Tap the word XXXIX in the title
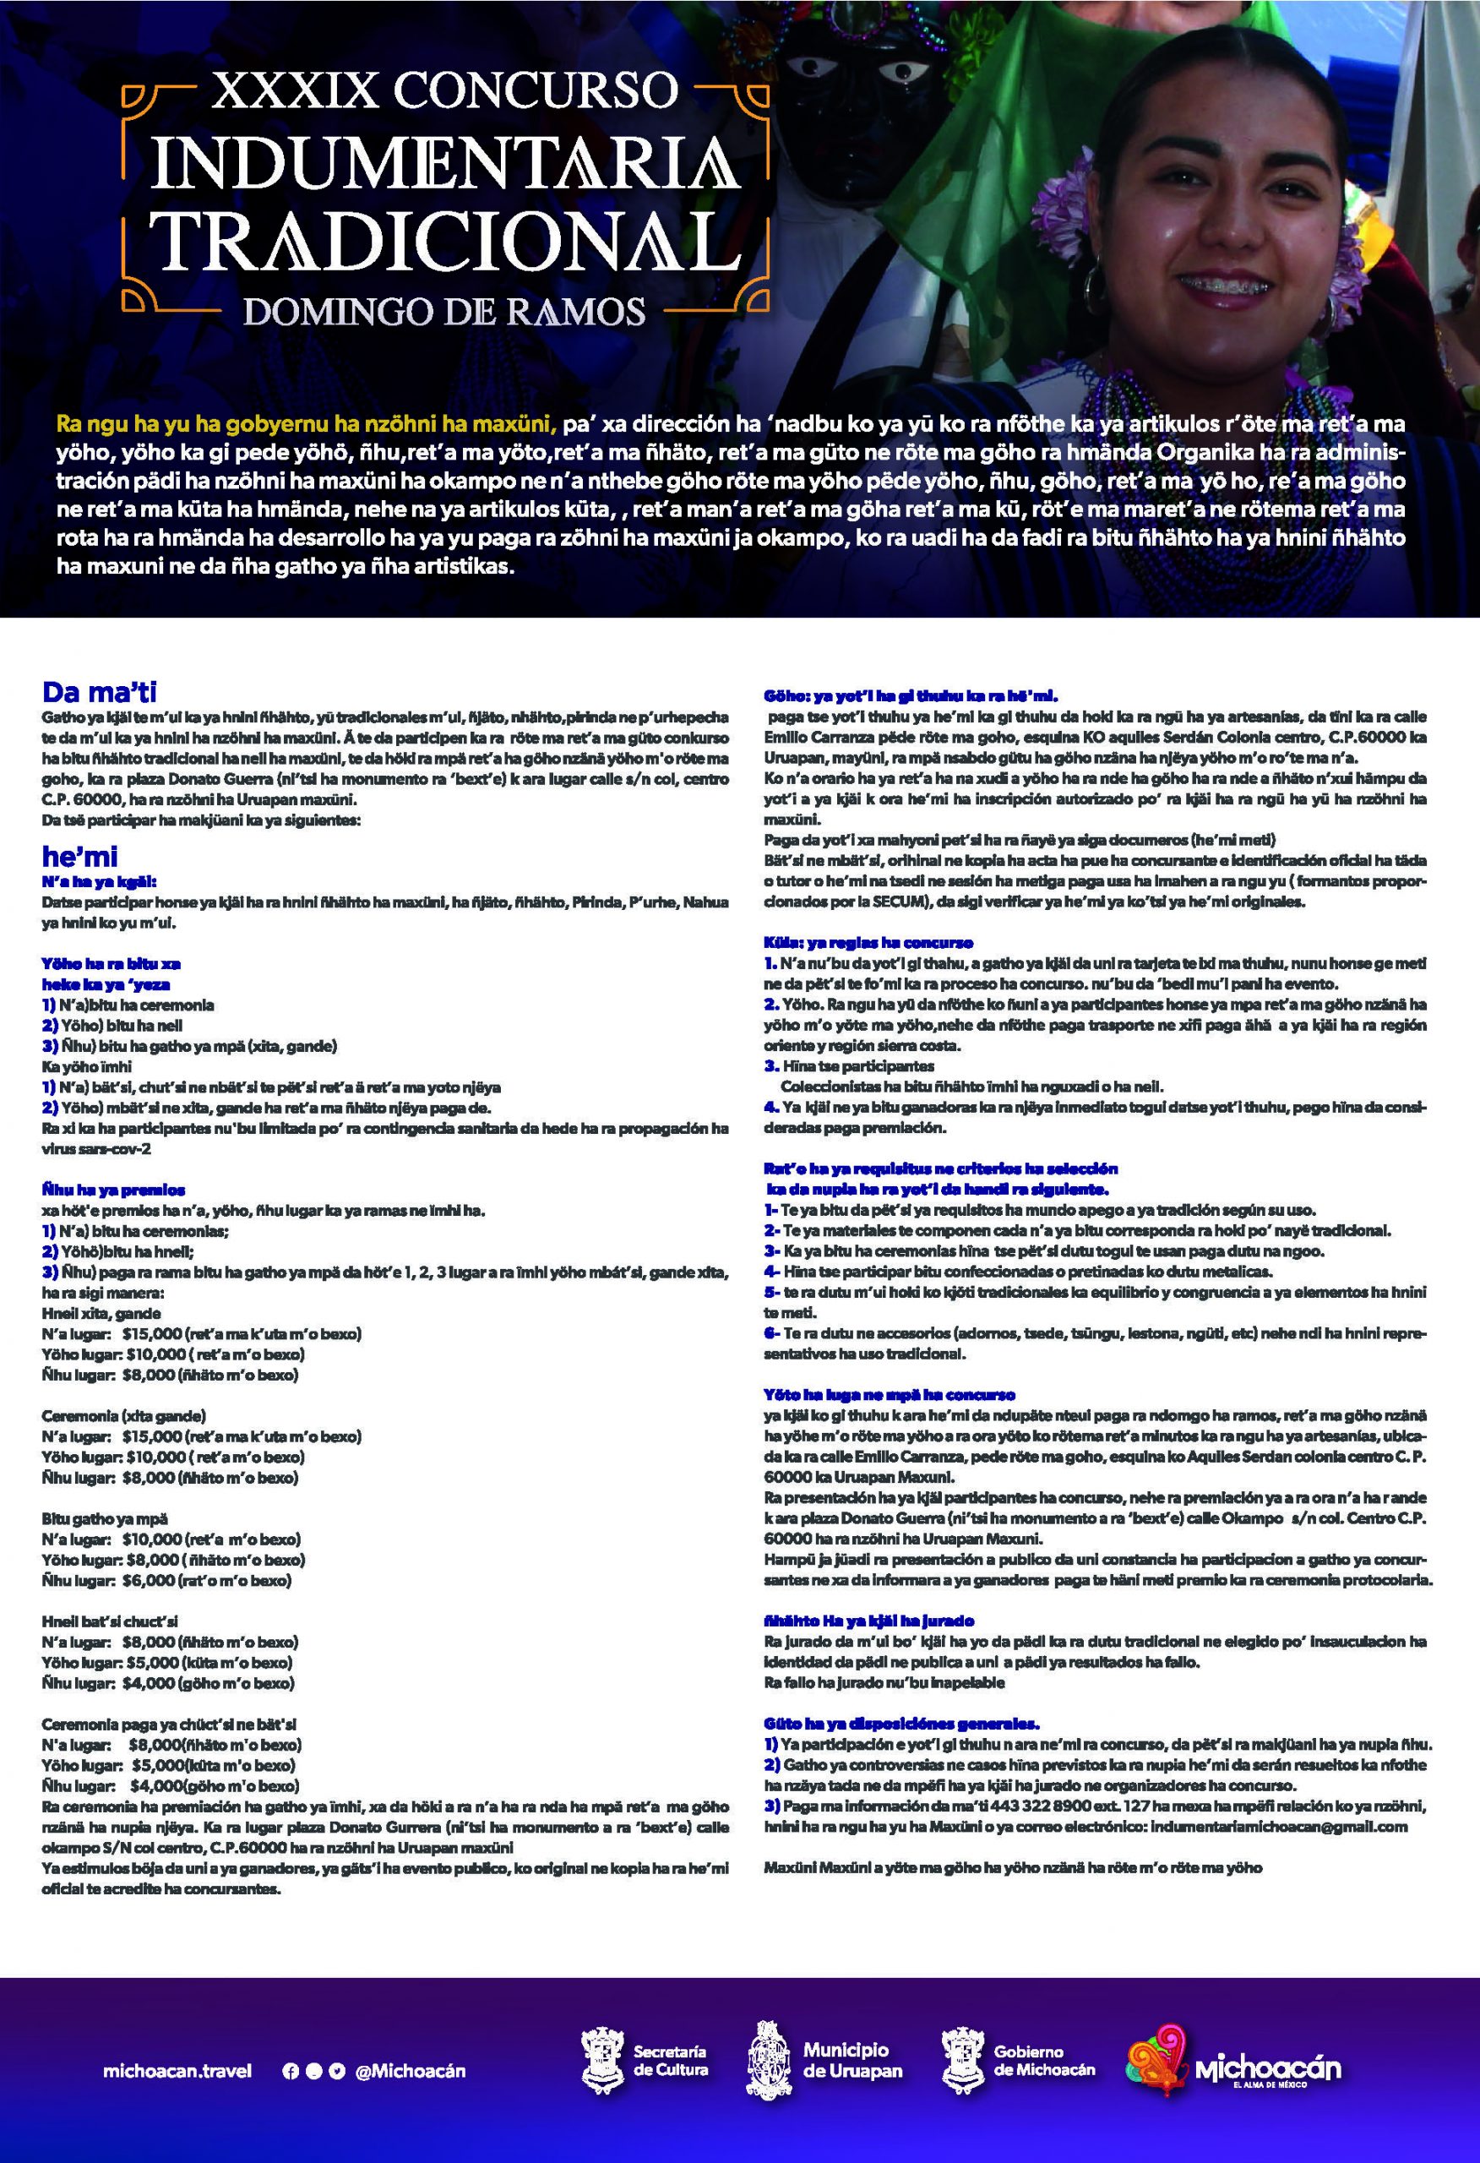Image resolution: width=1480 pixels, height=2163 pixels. (296, 92)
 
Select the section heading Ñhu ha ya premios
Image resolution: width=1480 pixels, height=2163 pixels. (113, 1190)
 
